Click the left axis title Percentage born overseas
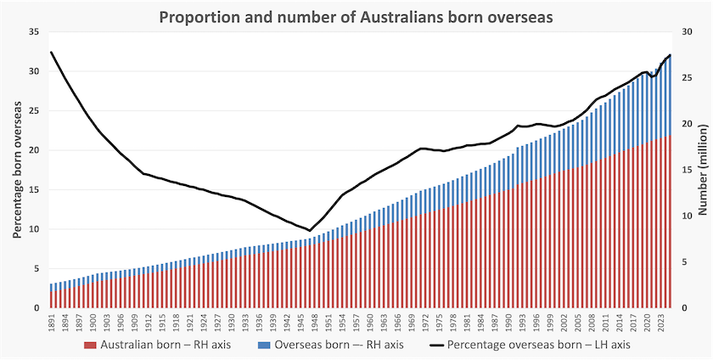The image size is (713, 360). (17, 170)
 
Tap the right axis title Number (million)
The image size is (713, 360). (704, 170)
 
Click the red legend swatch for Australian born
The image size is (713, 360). (91, 345)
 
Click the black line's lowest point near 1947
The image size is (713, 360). (310, 230)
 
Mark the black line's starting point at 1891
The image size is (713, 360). (51, 52)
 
